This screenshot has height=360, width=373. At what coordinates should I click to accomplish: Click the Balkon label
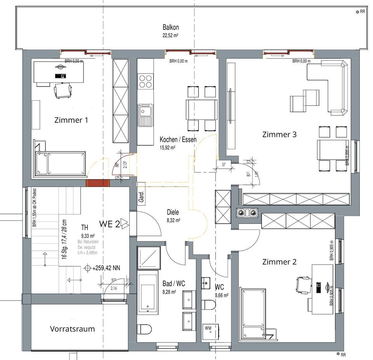tap(171, 27)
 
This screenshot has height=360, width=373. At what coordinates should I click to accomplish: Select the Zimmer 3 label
tap(279, 135)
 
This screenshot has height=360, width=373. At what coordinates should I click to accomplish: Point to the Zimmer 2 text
tap(279, 262)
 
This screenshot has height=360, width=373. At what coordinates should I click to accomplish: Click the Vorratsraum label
tap(72, 329)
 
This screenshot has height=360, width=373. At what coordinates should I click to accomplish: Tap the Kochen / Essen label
tap(178, 140)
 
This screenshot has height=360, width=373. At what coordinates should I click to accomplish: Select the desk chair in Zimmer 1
tap(62, 91)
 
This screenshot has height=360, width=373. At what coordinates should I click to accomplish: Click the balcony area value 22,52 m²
tap(171, 35)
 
